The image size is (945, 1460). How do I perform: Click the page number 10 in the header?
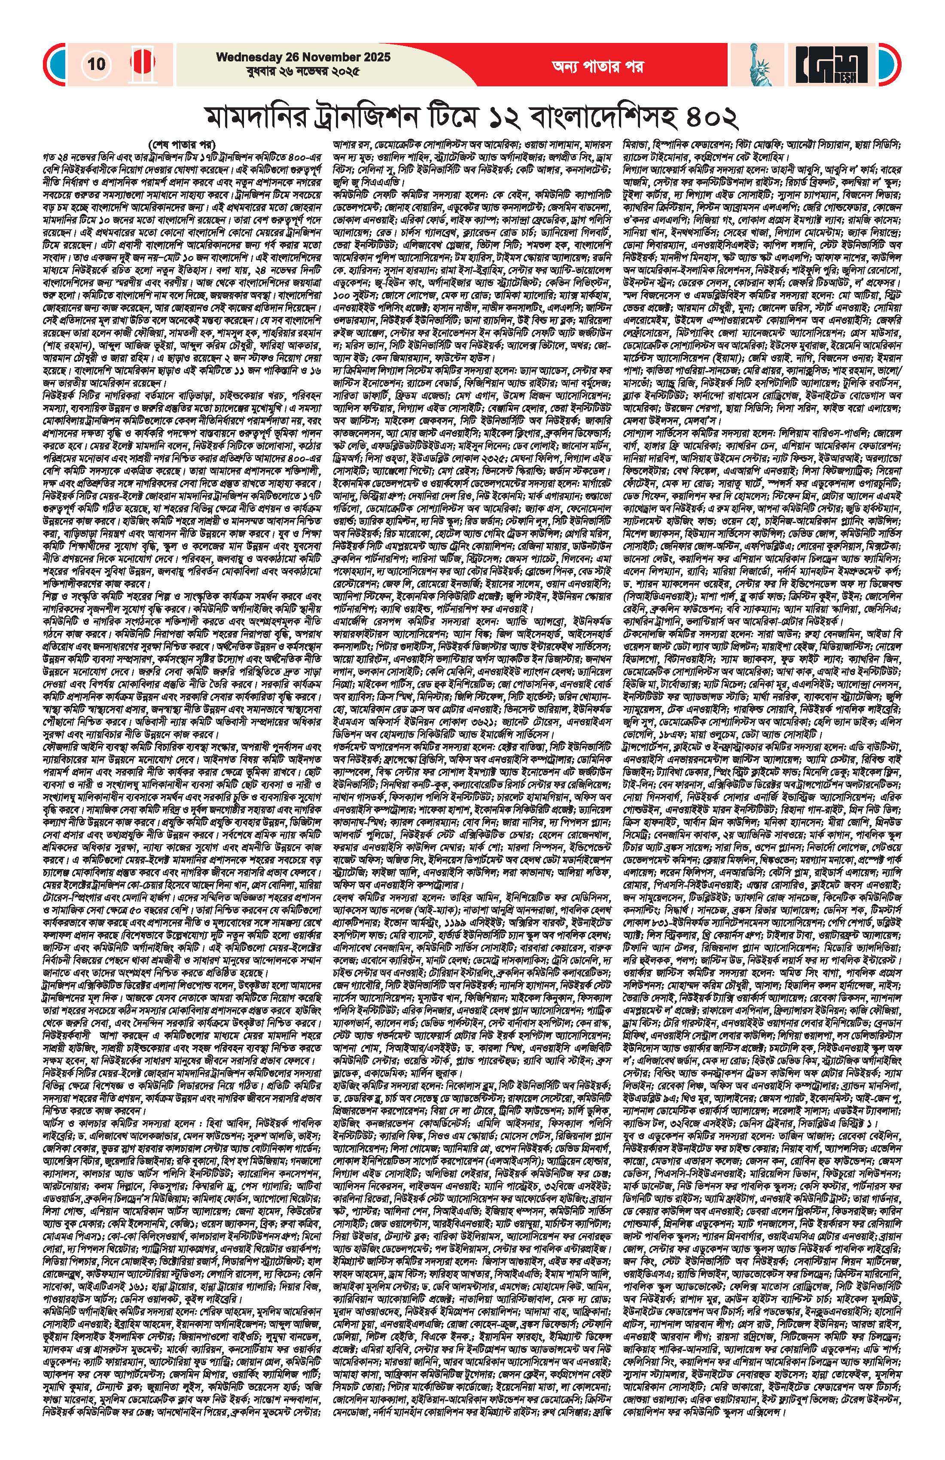tap(96, 64)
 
